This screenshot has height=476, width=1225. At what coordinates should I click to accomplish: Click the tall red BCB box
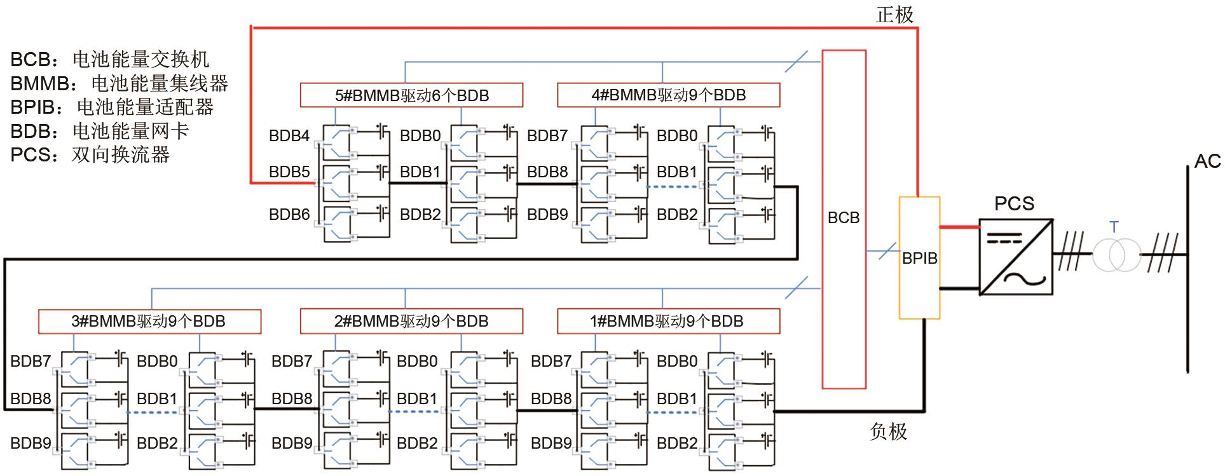tap(844, 219)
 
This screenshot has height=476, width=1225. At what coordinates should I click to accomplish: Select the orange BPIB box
tap(919, 258)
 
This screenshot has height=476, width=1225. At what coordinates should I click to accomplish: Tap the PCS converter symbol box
tap(1016, 257)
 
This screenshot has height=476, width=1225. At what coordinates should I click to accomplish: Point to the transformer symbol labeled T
tap(1108, 255)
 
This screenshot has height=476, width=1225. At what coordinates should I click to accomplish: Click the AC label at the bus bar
tap(1207, 161)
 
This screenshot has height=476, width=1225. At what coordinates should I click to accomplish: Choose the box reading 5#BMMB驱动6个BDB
tap(411, 95)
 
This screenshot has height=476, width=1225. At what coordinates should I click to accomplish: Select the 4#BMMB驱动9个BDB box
tap(668, 95)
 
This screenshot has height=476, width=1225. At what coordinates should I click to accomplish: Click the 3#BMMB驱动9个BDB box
tap(149, 321)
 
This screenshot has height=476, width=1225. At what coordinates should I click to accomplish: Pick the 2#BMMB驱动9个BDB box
tap(411, 321)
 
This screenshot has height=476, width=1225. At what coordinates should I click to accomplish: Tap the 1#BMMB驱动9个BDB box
tap(668, 321)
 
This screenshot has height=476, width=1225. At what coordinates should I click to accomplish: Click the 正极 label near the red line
tap(894, 15)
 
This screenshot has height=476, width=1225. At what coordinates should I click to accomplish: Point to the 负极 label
tap(887, 432)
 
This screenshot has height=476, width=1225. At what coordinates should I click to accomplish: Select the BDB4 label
tap(289, 135)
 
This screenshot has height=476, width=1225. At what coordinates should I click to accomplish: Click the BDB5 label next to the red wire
tap(289, 172)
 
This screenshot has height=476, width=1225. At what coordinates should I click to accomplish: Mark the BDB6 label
tap(289, 215)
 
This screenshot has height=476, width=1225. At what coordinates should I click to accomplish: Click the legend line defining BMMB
tap(119, 83)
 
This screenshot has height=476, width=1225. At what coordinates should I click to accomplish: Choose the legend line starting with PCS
tap(90, 154)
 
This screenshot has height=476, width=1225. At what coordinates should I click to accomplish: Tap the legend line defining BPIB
tap(112, 107)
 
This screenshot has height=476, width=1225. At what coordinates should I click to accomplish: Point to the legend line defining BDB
tap(100, 131)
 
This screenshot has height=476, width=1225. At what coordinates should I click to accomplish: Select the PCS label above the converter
tap(1014, 203)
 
